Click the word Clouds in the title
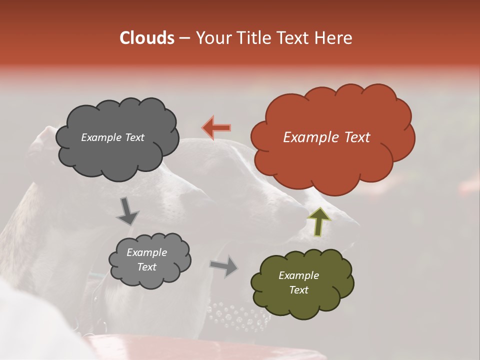[146, 38]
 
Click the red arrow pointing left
[216, 128]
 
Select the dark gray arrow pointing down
[128, 211]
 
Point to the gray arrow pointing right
[224, 266]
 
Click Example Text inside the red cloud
[326, 137]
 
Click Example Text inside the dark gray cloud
[112, 137]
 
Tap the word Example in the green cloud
[298, 275]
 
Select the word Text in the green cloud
[298, 290]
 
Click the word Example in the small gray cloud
[146, 252]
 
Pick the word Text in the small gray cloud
[146, 267]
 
